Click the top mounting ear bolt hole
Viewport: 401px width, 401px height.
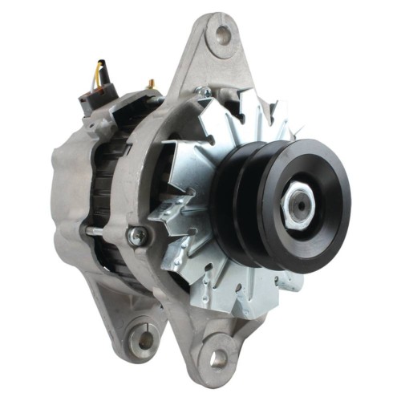(x=221, y=34)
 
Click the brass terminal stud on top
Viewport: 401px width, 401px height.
(x=149, y=83)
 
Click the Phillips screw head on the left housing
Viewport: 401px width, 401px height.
(x=139, y=234)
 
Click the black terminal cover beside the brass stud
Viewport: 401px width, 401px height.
(x=132, y=100)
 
